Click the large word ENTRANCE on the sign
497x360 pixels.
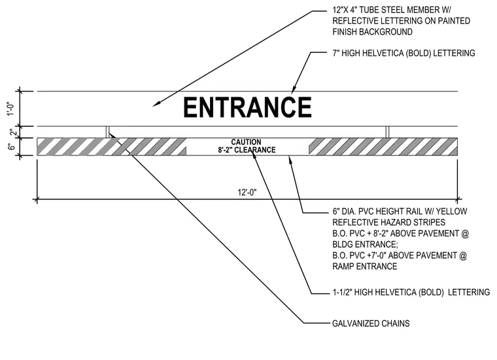click(x=248, y=107)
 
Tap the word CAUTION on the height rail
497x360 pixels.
click(x=246, y=142)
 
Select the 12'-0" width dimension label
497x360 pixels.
click(x=247, y=192)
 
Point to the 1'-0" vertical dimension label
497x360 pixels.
click(x=10, y=108)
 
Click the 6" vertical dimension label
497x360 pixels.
click(x=11, y=147)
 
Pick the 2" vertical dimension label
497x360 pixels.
click(x=12, y=133)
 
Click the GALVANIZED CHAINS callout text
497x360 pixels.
click(x=371, y=323)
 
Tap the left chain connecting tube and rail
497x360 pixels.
click(x=107, y=132)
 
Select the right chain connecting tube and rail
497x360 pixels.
click(x=387, y=132)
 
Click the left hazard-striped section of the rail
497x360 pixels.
click(x=112, y=146)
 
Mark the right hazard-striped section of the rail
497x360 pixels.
click(x=383, y=146)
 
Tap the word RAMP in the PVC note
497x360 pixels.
click(x=343, y=267)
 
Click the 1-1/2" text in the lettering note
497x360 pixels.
click(x=342, y=292)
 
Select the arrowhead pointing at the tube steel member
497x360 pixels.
click(x=156, y=104)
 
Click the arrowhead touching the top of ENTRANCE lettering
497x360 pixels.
click(x=294, y=90)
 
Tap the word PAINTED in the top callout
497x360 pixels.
click(x=454, y=21)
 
